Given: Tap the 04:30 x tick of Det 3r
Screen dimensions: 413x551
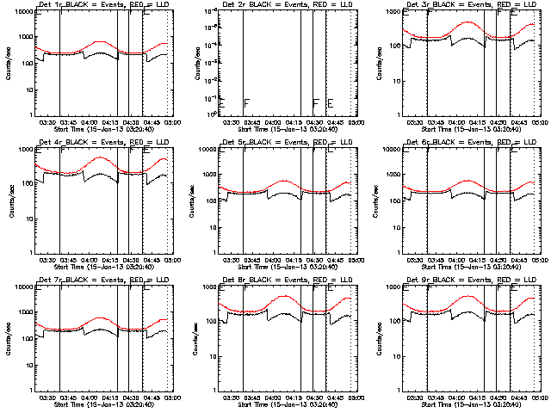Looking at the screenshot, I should pyautogui.click(x=501, y=122).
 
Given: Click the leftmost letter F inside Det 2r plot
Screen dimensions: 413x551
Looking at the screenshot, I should pyautogui.click(x=246, y=103).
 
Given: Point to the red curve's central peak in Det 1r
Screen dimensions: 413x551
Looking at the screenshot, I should pyautogui.click(x=100, y=41).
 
